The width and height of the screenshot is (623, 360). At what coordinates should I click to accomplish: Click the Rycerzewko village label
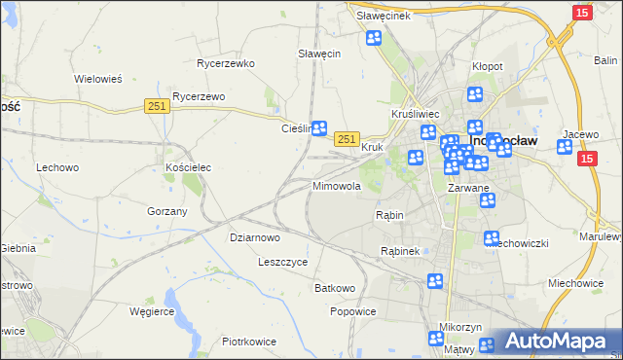click(225, 63)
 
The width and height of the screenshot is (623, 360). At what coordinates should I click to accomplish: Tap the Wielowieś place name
click(97, 79)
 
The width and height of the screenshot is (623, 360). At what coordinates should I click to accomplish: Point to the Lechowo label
click(57, 167)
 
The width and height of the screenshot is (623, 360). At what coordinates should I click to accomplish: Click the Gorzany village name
click(166, 211)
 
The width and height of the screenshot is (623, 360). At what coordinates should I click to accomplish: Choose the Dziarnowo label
click(254, 236)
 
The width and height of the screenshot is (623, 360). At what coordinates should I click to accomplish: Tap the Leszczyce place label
click(282, 262)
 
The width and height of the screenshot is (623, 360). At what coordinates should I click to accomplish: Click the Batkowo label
click(335, 288)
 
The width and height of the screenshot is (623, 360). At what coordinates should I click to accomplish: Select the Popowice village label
click(352, 311)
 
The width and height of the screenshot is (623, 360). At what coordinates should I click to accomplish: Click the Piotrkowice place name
click(249, 342)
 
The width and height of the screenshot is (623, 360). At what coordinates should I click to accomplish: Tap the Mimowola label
click(337, 185)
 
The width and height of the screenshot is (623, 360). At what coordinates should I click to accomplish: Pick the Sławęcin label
click(318, 54)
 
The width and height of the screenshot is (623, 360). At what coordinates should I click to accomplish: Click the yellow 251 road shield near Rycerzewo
click(157, 107)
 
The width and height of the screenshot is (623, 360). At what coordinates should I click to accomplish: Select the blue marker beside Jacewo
click(565, 147)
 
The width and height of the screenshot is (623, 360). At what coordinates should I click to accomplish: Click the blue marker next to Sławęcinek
click(374, 38)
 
